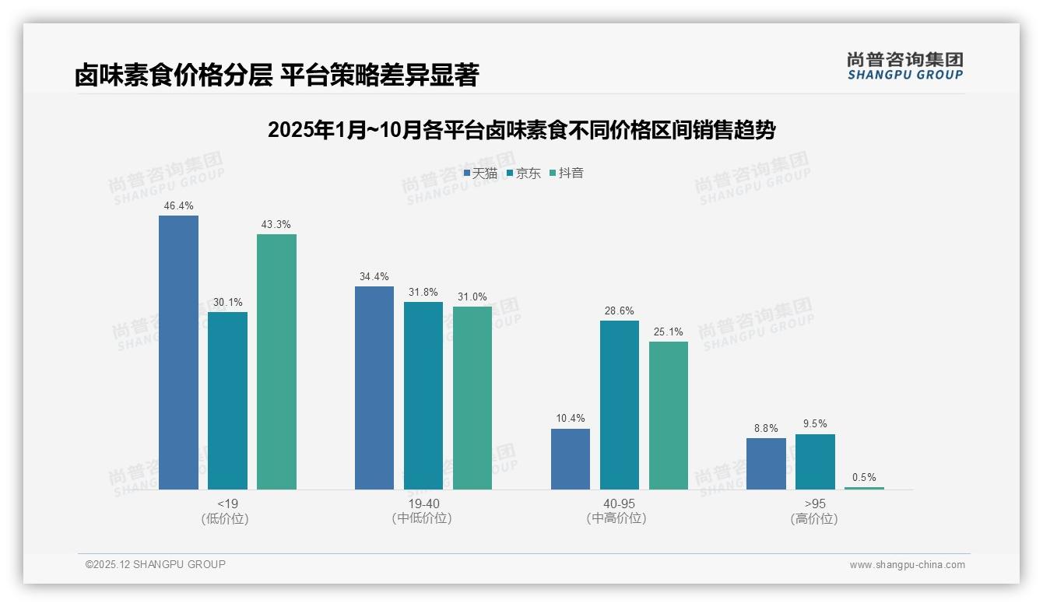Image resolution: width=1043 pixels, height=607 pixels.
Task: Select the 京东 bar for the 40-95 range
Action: [619, 405]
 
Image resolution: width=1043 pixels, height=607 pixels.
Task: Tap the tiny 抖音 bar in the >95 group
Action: [864, 488]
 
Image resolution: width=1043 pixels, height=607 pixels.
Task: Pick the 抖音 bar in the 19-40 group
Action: [472, 398]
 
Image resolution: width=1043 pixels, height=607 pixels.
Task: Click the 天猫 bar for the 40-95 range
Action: [570, 458]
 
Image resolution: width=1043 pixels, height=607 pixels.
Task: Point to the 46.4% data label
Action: [178, 206]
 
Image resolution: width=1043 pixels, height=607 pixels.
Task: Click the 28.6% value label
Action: [619, 311]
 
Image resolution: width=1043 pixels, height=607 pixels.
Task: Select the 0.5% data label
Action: [864, 478]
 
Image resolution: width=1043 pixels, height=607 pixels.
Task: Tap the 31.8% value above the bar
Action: [423, 293]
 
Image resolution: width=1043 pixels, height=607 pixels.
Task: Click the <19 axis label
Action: [227, 503]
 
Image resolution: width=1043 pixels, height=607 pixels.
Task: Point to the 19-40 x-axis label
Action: [423, 503]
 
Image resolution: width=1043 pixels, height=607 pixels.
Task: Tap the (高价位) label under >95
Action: [814, 519]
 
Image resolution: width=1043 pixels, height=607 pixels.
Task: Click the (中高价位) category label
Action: [619, 519]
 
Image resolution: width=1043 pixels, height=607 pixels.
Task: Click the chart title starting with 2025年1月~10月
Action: [521, 130]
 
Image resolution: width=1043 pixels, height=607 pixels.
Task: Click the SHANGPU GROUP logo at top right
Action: [904, 66]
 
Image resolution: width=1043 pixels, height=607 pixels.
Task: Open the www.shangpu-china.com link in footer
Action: [907, 565]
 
